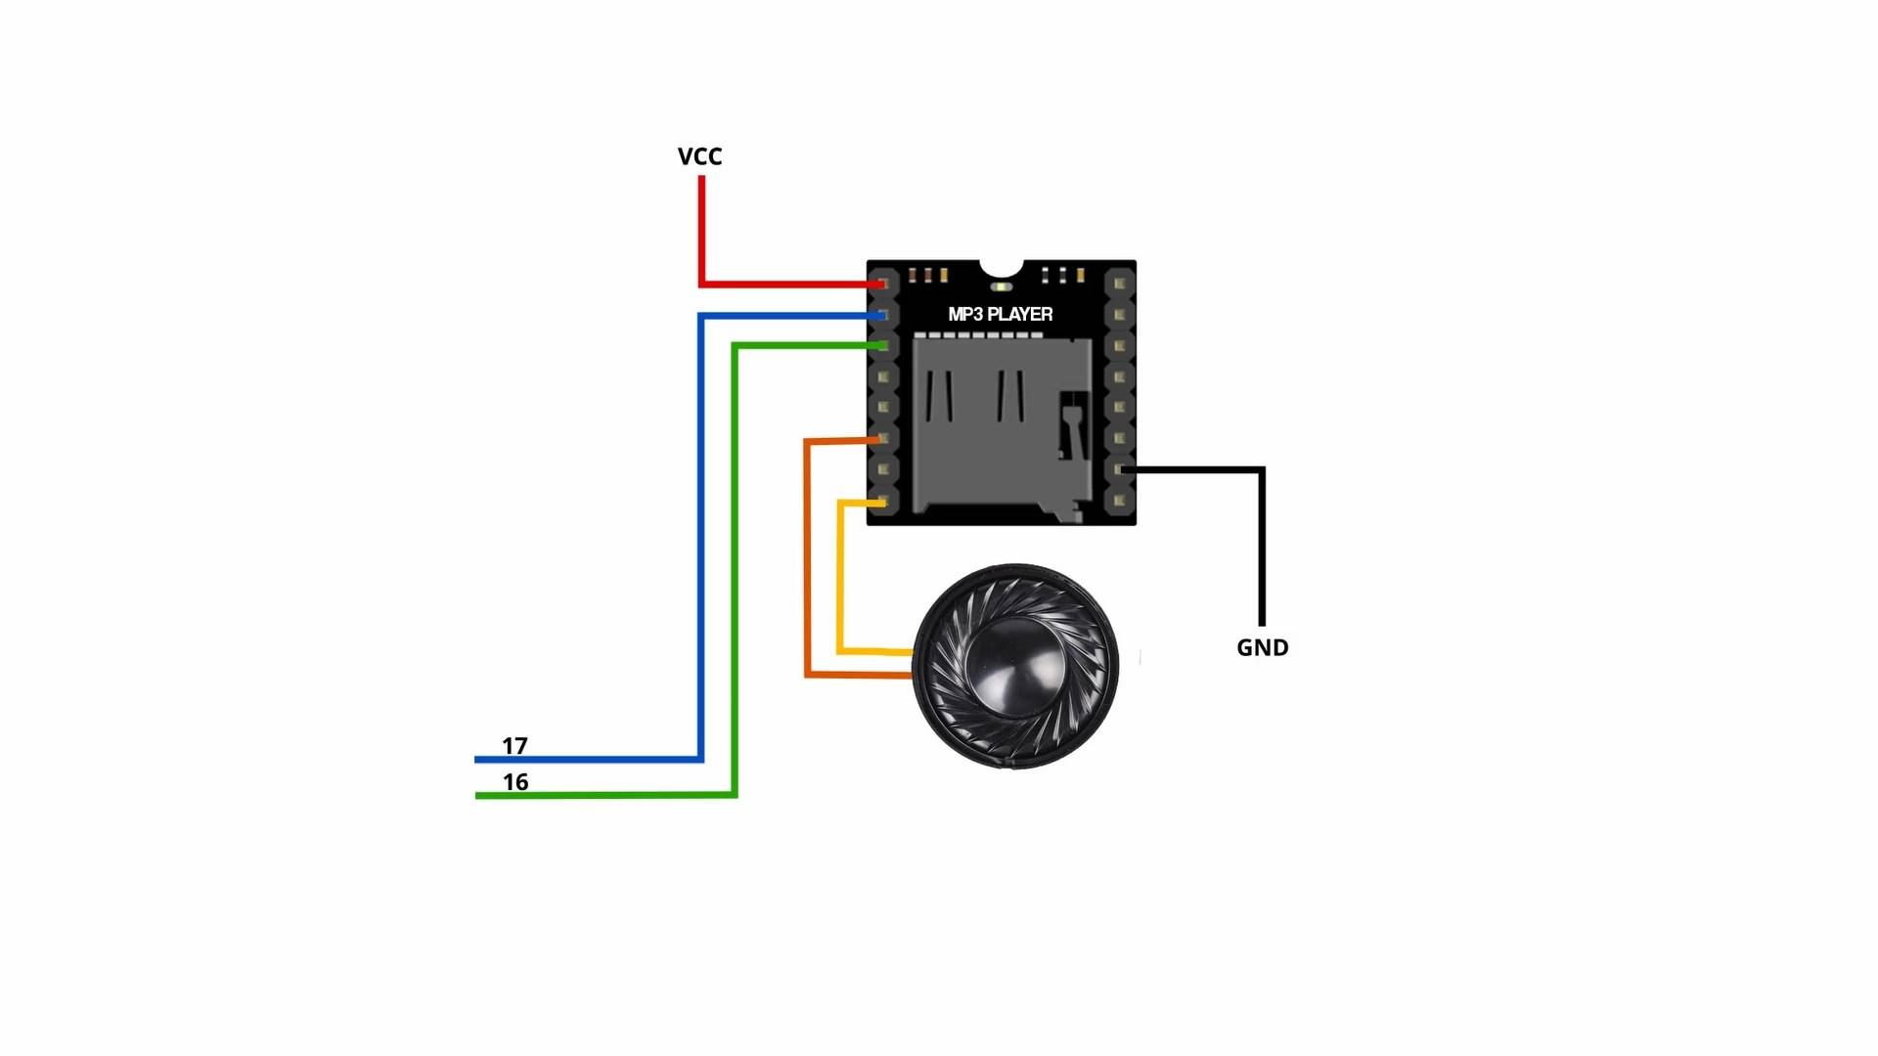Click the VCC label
(x=699, y=156)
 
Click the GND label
(x=1262, y=647)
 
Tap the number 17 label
(x=514, y=746)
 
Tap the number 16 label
(x=515, y=782)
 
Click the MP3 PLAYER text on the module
(x=1000, y=314)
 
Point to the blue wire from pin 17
(x=700, y=538)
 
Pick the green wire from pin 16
(x=735, y=587)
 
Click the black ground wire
(x=1262, y=548)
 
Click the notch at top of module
(x=1001, y=267)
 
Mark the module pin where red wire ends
(x=883, y=284)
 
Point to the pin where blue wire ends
(x=883, y=315)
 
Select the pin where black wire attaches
(x=1120, y=470)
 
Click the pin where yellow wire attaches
(x=883, y=502)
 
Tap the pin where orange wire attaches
(x=883, y=439)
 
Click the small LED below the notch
(x=1001, y=286)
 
